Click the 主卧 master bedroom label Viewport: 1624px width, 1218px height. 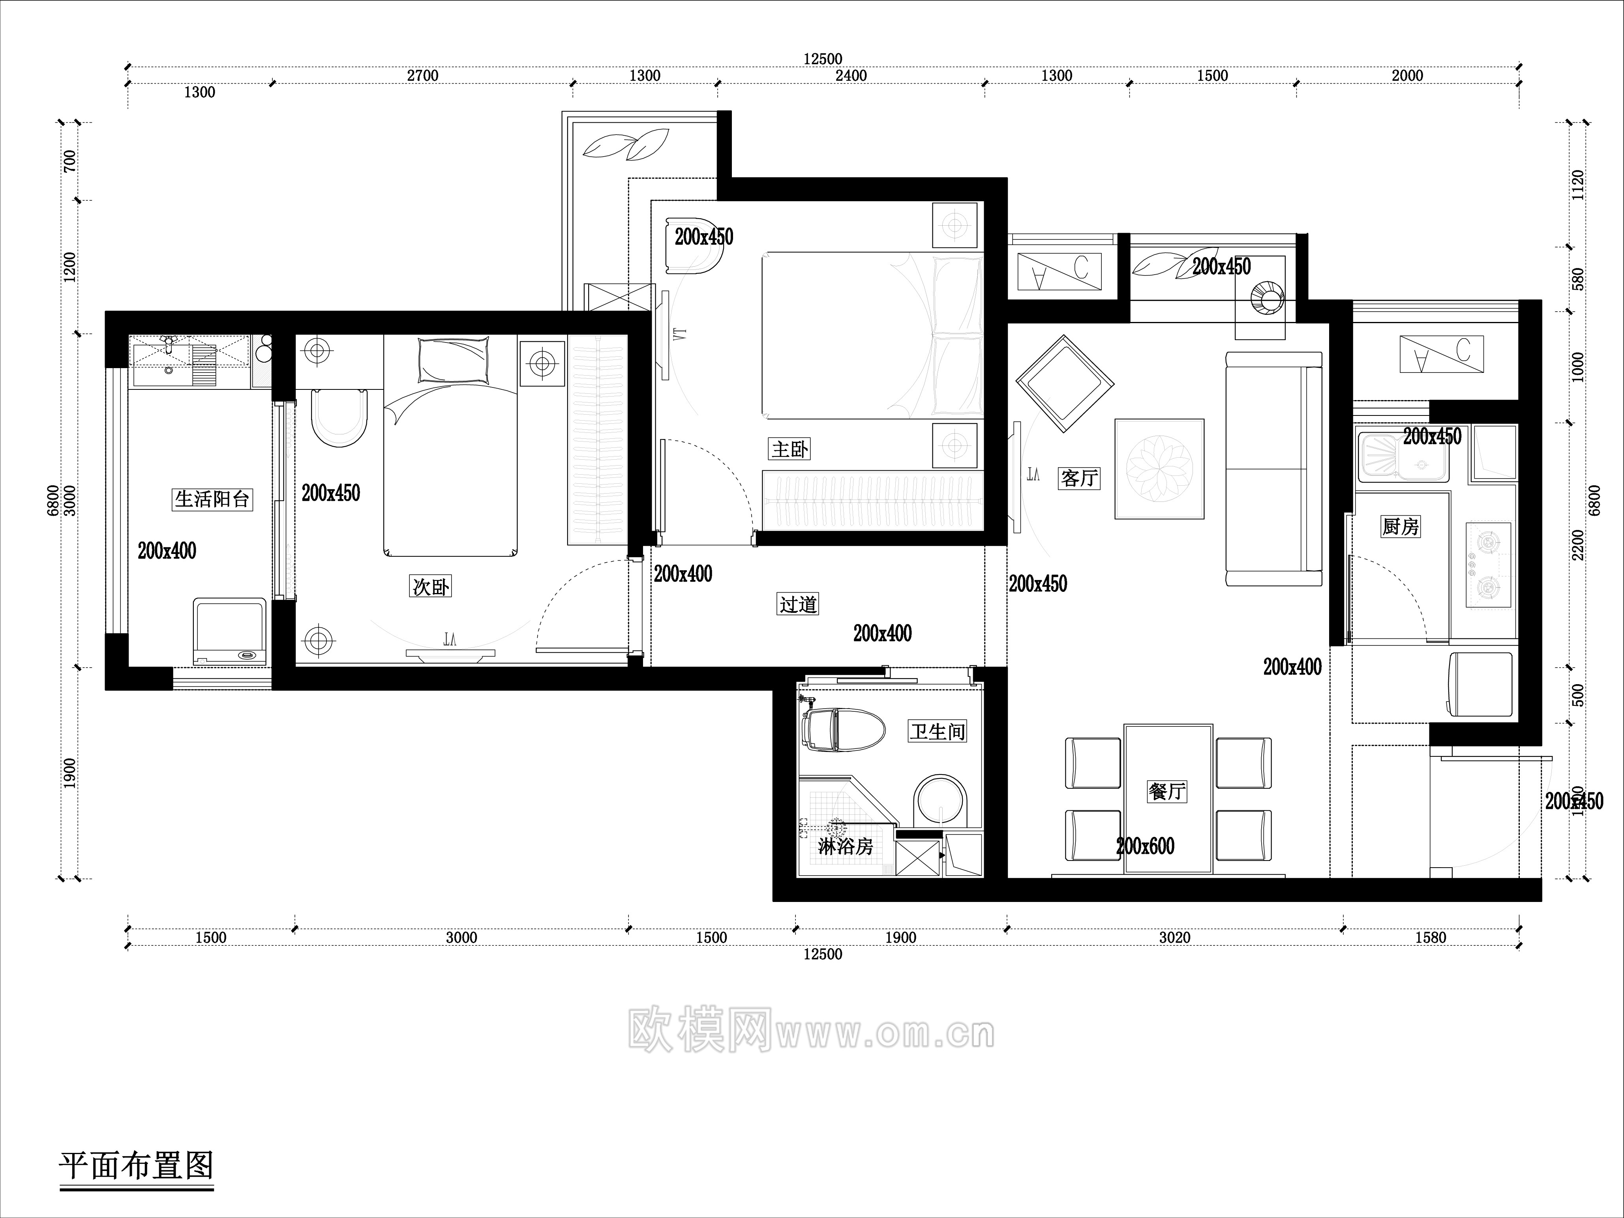[x=789, y=449]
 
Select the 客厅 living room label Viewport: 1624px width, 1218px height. [x=1078, y=478]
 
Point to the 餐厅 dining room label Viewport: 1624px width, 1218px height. [x=1166, y=791]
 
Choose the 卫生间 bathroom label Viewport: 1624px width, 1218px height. [x=938, y=732]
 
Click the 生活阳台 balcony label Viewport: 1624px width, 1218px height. [x=212, y=500]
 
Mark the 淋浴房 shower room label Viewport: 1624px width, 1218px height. [x=845, y=847]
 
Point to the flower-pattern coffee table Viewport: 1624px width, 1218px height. [x=1159, y=469]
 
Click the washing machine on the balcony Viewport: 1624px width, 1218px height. [x=230, y=631]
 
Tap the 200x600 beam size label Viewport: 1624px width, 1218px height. [x=1145, y=846]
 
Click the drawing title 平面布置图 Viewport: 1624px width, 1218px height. [x=136, y=1165]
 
